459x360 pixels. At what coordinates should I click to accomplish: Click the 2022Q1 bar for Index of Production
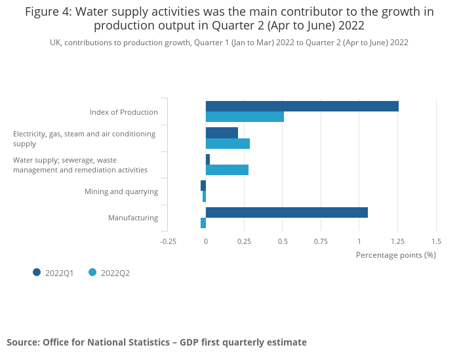(x=302, y=106)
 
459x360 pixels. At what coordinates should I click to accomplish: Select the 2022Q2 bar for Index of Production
(x=245, y=117)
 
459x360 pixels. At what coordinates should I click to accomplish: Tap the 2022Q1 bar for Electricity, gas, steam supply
(x=222, y=133)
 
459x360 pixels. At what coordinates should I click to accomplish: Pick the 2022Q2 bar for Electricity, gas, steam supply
(x=228, y=144)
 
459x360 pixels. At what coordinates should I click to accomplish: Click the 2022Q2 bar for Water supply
(x=227, y=170)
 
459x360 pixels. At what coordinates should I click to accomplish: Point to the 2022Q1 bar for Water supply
(x=208, y=159)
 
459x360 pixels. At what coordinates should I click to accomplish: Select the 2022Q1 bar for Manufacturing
(x=287, y=212)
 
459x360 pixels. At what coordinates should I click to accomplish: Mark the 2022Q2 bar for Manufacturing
(x=203, y=223)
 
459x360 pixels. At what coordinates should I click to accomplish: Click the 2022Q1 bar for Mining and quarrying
(x=203, y=186)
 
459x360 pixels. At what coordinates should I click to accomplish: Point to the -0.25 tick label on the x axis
(x=169, y=241)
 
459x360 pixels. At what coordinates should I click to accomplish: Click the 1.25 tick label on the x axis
(x=398, y=241)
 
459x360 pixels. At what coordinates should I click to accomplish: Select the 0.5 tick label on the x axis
(x=283, y=241)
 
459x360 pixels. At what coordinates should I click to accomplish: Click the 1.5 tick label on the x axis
(x=436, y=241)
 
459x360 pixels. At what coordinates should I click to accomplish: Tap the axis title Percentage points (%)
(x=395, y=254)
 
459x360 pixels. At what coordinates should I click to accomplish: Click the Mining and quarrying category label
(x=121, y=191)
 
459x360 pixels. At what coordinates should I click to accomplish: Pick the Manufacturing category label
(x=133, y=218)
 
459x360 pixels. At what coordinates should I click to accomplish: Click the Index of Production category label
(x=124, y=112)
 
